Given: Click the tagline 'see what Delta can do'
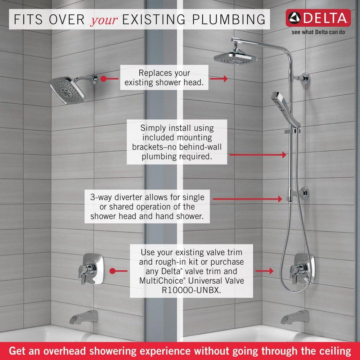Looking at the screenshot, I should [319, 32].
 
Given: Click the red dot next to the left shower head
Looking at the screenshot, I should [104, 78].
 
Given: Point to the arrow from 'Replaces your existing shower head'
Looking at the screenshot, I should [219, 78].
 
